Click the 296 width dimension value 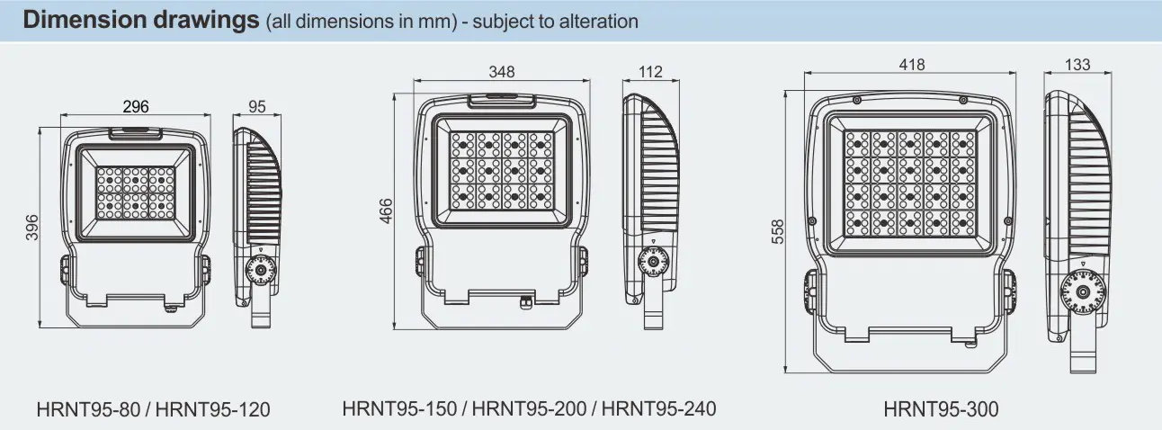(x=135, y=107)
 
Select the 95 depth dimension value (x=257, y=107)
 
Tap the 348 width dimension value (x=503, y=72)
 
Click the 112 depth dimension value (x=649, y=72)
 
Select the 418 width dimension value (x=911, y=65)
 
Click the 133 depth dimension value (x=1077, y=65)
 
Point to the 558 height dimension (x=778, y=232)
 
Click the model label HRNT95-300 (x=941, y=409)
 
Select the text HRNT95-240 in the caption (x=659, y=408)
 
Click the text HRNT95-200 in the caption (x=528, y=408)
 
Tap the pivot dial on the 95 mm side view (x=261, y=268)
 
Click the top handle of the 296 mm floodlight (x=136, y=132)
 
